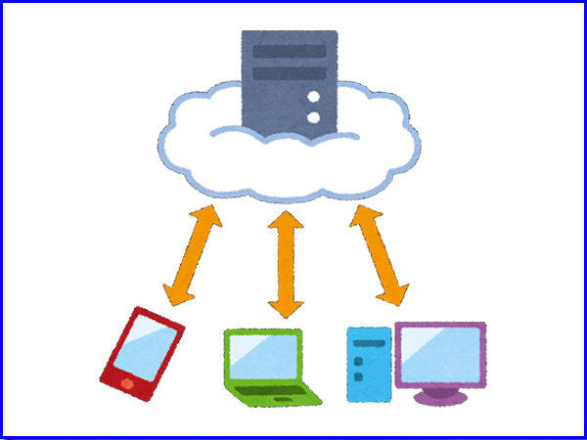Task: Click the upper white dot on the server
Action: pyautogui.click(x=314, y=98)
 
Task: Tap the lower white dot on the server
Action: pyautogui.click(x=314, y=117)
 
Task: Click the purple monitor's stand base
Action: pyautogui.click(x=438, y=397)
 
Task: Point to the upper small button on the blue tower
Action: pyautogui.click(x=358, y=362)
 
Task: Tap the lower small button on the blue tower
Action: pyautogui.click(x=358, y=375)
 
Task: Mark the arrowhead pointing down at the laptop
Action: pyautogui.click(x=286, y=310)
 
